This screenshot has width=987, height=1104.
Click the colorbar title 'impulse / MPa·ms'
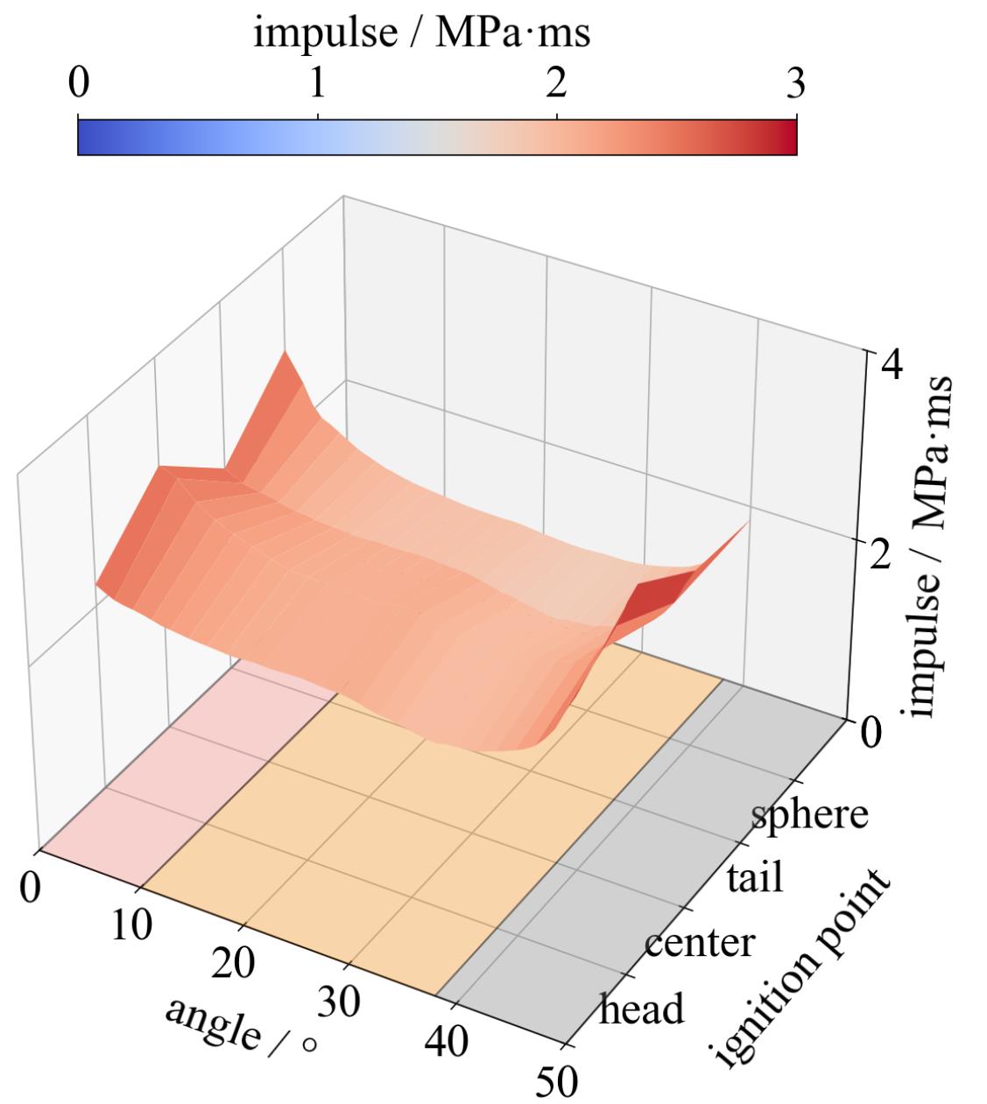(x=421, y=34)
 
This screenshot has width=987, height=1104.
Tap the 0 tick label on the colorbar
(x=78, y=85)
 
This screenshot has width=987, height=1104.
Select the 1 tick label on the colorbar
(x=318, y=85)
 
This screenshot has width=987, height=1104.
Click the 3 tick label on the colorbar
(x=795, y=85)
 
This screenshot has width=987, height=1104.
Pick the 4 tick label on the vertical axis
(x=892, y=363)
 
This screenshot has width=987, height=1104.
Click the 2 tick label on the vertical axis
(x=877, y=553)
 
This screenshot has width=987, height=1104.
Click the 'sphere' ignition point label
(x=810, y=813)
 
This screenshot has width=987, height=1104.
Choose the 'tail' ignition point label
(x=755, y=877)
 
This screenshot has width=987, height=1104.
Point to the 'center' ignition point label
(x=698, y=943)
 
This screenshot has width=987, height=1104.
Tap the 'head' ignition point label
(x=641, y=1009)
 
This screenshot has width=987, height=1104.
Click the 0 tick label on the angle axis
(x=31, y=887)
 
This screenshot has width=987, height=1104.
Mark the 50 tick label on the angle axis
(x=555, y=1082)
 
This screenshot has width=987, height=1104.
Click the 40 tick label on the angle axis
(x=447, y=1042)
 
